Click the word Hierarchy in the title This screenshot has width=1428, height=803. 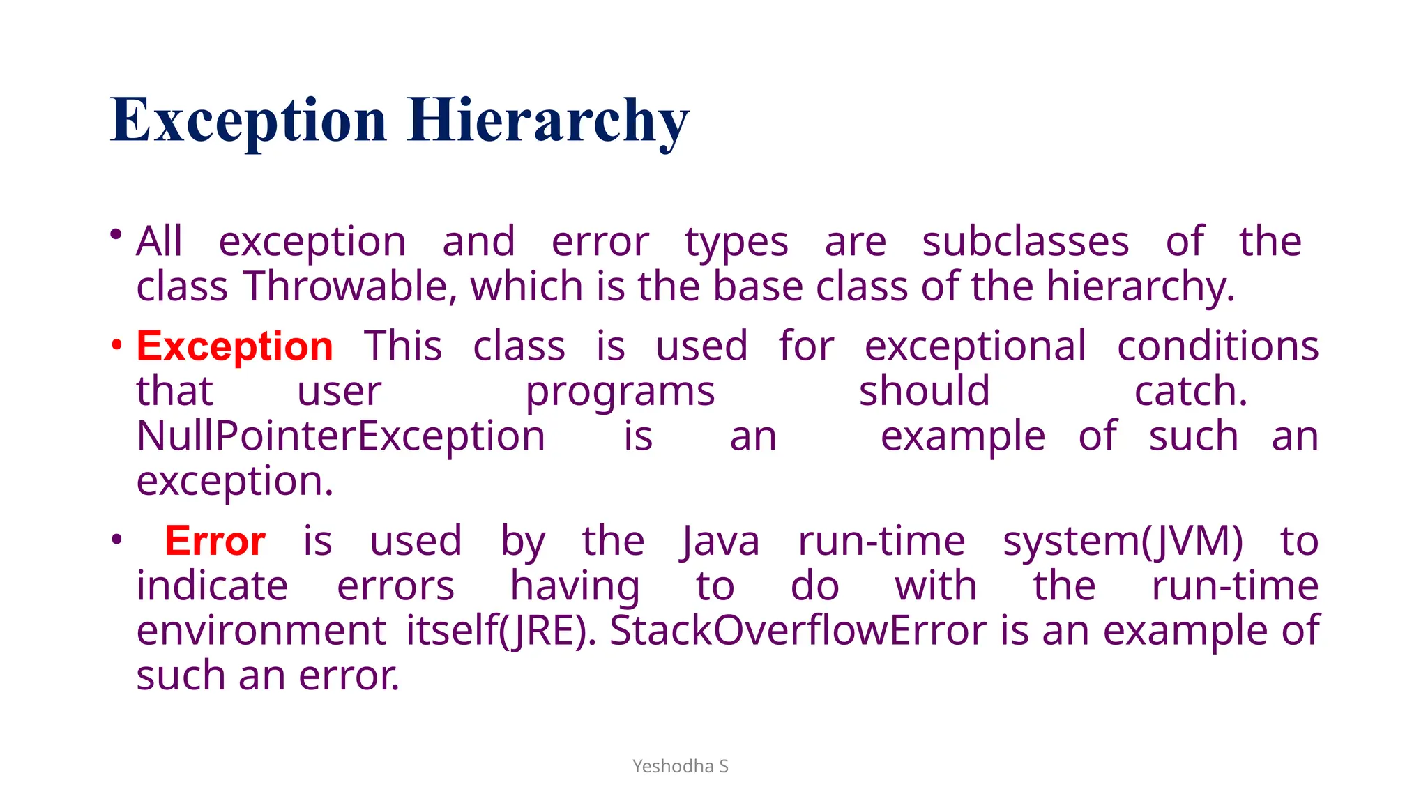[548, 120]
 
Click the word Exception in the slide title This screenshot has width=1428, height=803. [248, 120]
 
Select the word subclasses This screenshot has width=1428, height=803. [1025, 242]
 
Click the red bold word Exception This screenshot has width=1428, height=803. [235, 346]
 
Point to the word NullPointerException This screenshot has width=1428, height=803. [341, 436]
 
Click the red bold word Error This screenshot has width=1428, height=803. [215, 541]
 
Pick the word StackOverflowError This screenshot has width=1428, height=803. [798, 631]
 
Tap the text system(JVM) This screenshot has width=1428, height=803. [1123, 541]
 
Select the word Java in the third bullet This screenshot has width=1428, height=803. [720, 541]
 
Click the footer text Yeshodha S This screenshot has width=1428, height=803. [681, 766]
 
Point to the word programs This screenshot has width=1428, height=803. [620, 391]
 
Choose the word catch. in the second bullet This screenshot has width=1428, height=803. [1191, 391]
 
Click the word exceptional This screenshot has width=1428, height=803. [975, 346]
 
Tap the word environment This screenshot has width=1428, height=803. [261, 631]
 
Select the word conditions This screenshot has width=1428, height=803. [1217, 346]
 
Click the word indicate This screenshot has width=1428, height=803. [212, 586]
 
